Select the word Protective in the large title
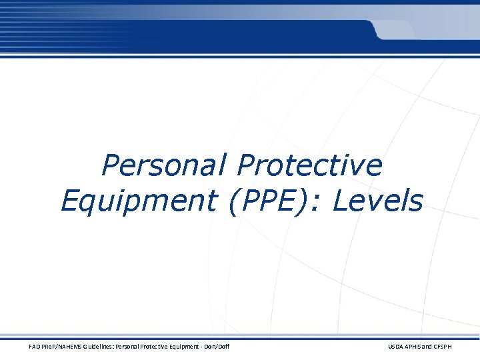(310, 165)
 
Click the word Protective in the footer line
(160, 347)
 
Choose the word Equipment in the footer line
(191, 347)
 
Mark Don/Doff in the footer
(220, 347)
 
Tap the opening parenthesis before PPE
(234, 201)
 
